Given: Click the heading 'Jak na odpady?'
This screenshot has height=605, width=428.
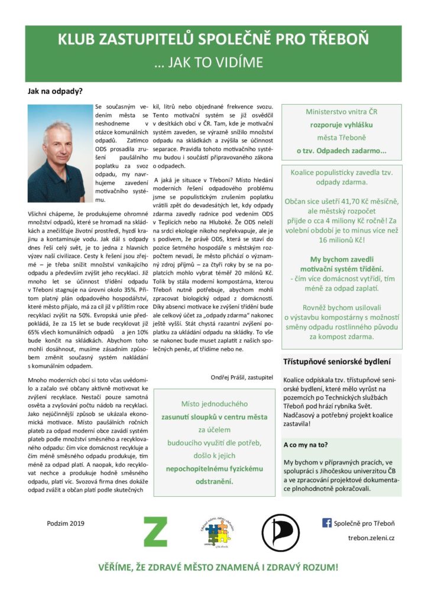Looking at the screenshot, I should coord(55,91).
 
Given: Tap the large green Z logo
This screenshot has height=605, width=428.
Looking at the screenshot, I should coord(155,531).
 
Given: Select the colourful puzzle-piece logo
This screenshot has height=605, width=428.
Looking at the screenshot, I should coord(216,532).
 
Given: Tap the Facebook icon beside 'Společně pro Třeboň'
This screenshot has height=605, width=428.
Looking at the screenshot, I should coord(326,522).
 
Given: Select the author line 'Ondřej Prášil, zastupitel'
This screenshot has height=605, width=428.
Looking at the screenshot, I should coord(242,376).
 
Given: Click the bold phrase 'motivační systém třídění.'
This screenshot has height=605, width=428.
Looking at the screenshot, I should coord(341,270).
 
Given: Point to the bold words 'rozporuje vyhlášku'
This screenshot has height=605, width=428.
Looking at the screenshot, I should coord(342,125).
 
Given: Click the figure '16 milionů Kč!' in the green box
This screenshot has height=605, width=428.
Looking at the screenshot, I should coord(341,240).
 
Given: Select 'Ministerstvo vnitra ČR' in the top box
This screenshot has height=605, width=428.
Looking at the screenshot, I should coord(342,112).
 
